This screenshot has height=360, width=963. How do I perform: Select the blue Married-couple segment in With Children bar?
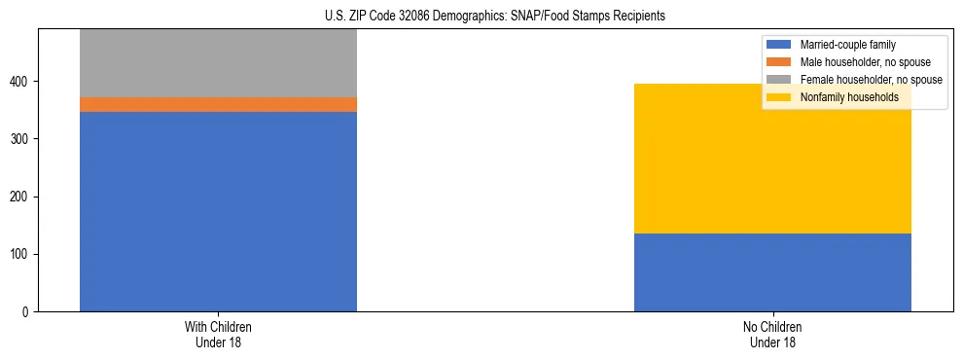click(218, 211)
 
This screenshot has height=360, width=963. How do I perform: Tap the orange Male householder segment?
click(218, 104)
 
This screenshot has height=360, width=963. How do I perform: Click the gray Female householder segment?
click(218, 63)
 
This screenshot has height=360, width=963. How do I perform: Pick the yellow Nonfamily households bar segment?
click(772, 159)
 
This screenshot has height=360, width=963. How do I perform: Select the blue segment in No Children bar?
click(772, 272)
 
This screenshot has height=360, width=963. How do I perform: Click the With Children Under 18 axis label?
click(218, 334)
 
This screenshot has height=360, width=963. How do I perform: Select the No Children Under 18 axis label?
click(772, 334)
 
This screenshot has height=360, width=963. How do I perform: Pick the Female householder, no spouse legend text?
click(870, 80)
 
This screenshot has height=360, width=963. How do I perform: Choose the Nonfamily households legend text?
click(848, 97)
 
